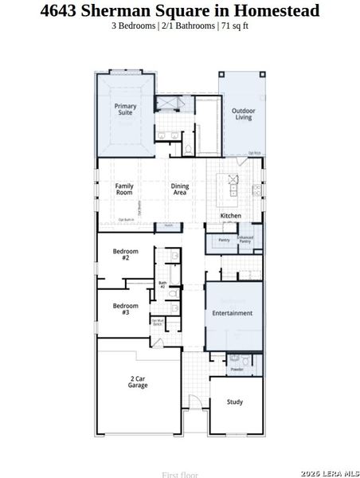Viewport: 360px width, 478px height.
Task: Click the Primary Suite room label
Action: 125,109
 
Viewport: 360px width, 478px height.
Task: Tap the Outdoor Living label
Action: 242,114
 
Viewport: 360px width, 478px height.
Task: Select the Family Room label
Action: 123,189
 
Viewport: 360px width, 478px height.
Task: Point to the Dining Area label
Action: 180,190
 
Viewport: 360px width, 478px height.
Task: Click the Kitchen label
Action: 231,216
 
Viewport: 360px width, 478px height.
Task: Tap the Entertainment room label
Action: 232,313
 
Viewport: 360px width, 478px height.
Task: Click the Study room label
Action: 234,402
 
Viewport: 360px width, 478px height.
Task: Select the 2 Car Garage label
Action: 138,382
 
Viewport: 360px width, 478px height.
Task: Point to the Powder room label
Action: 237,370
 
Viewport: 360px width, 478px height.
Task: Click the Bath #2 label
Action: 162,284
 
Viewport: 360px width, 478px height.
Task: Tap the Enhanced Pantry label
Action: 245,240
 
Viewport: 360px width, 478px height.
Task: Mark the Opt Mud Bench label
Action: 157,323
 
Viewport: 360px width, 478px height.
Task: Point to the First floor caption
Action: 179,474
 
